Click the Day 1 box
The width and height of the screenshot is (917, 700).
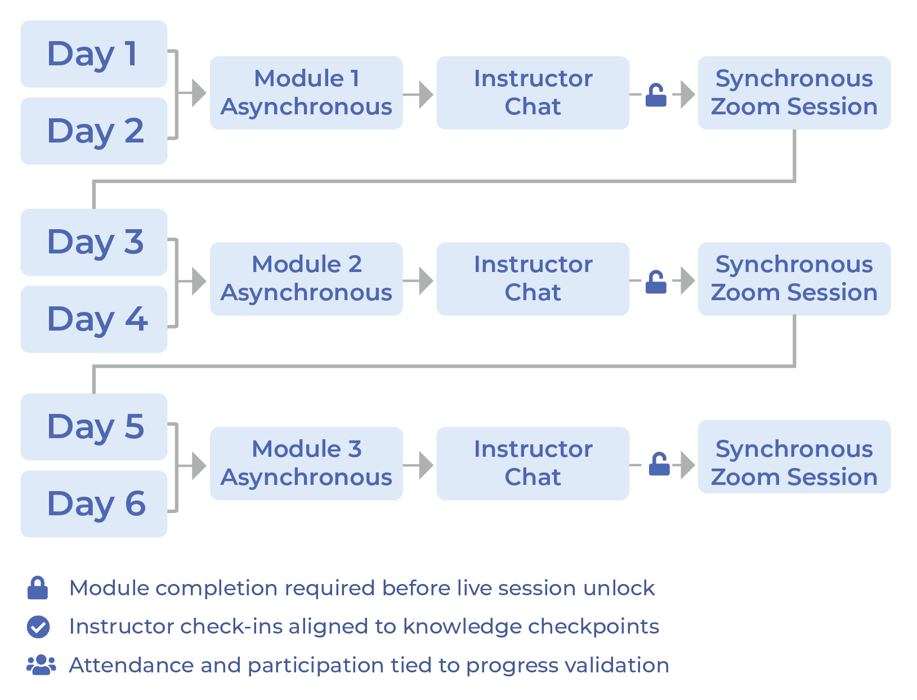pos(93,54)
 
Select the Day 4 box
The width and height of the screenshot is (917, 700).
pos(93,319)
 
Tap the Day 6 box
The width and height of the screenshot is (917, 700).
pos(93,503)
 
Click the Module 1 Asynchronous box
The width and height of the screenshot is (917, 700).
pos(306,93)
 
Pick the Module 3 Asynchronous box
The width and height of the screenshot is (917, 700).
pos(306,463)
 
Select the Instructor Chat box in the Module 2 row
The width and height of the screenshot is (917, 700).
pos(533,279)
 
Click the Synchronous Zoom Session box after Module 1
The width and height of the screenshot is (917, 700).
pos(794,93)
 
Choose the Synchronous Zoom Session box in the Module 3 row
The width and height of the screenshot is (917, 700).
pos(794,457)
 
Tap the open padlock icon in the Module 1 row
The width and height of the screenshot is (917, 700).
pos(656,95)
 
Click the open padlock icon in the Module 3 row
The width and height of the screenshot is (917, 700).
pos(659,465)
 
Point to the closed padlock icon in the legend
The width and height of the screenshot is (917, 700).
pos(38,588)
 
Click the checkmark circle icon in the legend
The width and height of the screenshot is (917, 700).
pos(38,627)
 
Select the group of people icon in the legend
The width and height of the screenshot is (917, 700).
pos(41,665)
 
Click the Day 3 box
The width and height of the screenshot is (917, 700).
pos(93,242)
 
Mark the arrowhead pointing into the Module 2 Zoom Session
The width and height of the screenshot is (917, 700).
pos(687,280)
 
